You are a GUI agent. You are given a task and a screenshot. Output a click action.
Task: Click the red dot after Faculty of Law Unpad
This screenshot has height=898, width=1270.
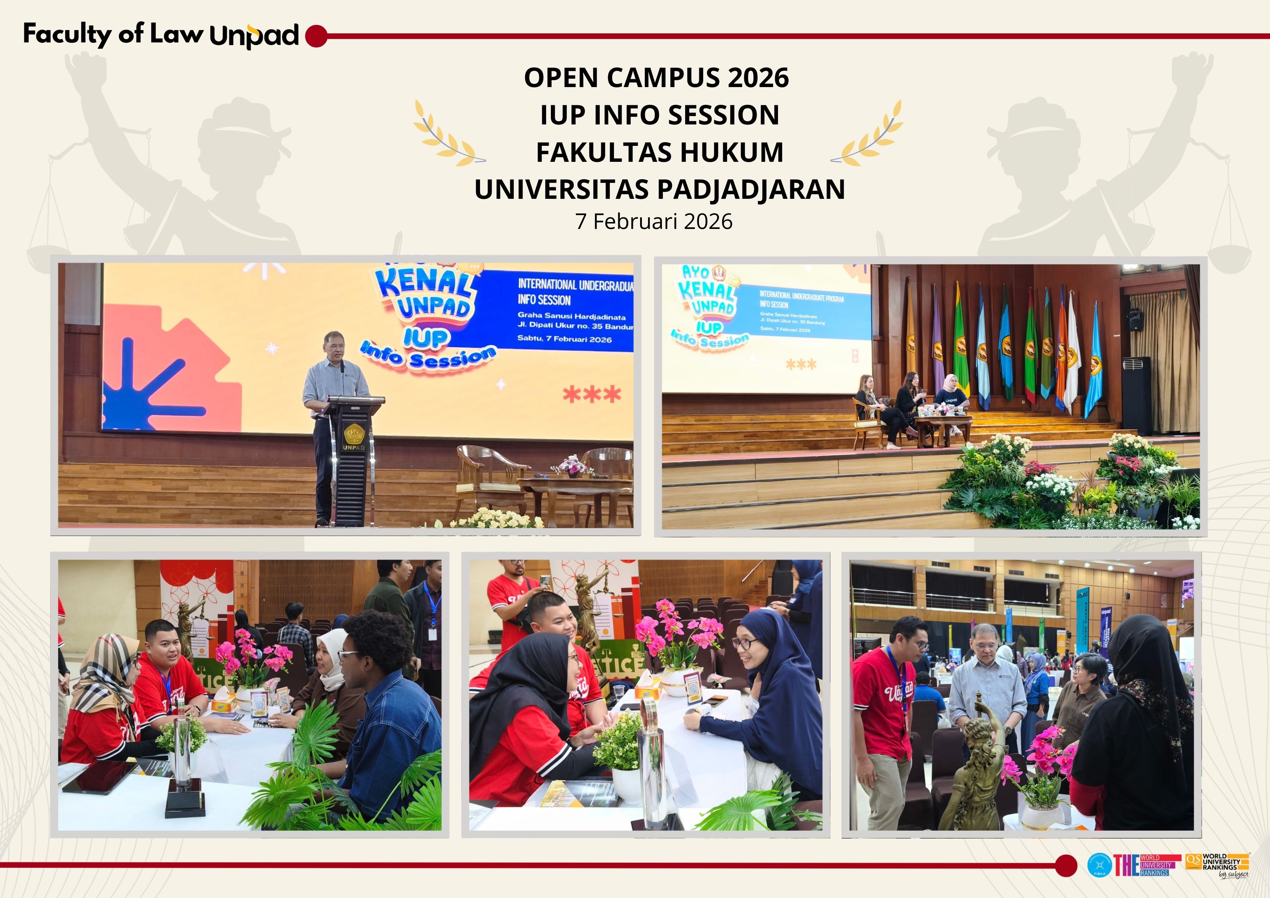(316, 36)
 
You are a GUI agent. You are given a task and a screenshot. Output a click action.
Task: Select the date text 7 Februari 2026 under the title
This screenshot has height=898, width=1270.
(654, 222)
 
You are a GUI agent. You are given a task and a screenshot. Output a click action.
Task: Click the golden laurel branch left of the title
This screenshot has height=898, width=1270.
(448, 135)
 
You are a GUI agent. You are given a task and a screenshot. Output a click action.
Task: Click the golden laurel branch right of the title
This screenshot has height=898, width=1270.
(868, 135)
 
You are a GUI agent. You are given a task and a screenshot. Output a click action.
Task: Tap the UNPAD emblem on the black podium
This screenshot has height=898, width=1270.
(353, 433)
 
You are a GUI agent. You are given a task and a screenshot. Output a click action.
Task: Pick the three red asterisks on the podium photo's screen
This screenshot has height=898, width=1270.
(592, 395)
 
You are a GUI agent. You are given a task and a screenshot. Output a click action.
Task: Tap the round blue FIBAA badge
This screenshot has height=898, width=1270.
(1099, 865)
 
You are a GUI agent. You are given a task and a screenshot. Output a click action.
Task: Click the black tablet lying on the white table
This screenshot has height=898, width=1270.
(99, 776)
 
